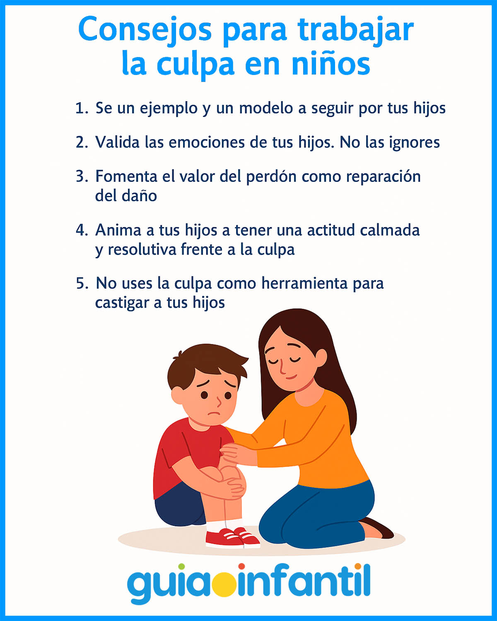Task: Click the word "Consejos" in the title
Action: [x=145, y=30]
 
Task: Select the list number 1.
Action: [x=82, y=108]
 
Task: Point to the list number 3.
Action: [x=82, y=176]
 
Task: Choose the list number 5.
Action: [x=82, y=283]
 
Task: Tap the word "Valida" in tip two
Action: [x=117, y=142]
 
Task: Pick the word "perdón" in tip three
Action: [x=271, y=177]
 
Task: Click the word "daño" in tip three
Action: [x=139, y=196]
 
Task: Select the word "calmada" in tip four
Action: [x=390, y=230]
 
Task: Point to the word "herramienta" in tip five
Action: [x=304, y=283]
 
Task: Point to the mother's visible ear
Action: [x=321, y=358]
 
